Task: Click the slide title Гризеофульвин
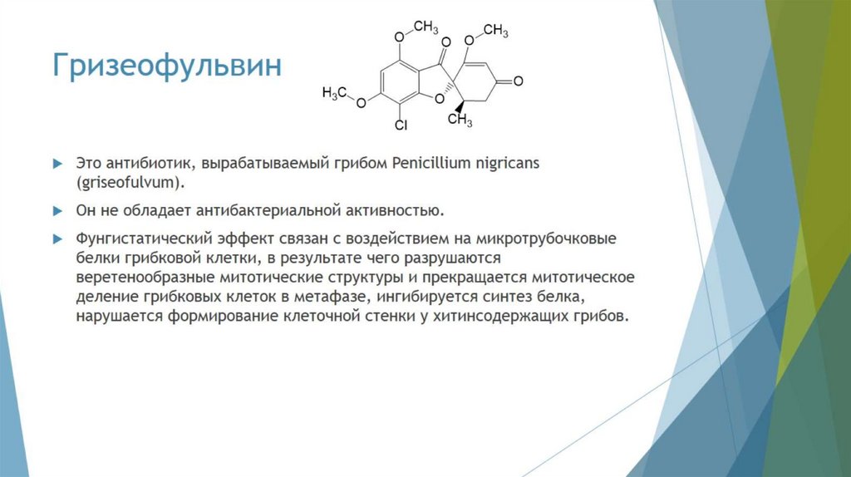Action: point(167,66)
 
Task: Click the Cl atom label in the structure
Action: point(401,126)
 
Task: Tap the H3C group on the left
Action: point(334,92)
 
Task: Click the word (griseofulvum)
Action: point(130,182)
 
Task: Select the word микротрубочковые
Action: point(557,238)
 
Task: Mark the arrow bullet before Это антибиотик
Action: point(58,163)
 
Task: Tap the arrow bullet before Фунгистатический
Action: point(58,238)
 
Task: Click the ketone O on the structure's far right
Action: point(518,81)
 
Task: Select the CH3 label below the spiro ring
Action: point(460,121)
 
